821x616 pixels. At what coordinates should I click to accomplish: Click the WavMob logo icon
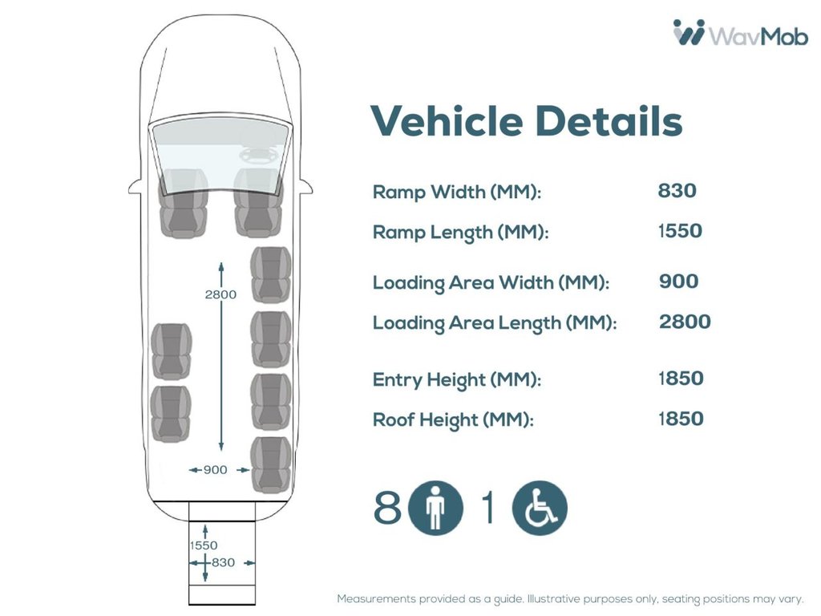(689, 34)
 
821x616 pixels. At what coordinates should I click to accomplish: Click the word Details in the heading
(609, 121)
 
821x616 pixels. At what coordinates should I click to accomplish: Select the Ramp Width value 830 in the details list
(677, 191)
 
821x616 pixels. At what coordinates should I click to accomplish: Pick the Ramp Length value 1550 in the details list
(679, 231)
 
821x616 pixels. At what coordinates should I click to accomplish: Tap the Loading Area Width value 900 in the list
(678, 282)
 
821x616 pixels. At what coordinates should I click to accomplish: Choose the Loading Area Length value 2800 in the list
(685, 322)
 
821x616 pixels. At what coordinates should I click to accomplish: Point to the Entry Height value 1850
(681, 379)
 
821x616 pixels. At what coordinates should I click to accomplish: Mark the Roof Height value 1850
(681, 419)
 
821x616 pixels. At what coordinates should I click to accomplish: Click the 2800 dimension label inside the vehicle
(220, 294)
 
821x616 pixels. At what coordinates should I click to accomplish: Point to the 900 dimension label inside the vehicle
(215, 470)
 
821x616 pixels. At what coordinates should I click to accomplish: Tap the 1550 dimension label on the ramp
(203, 545)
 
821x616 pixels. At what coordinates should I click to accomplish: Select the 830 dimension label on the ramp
(223, 562)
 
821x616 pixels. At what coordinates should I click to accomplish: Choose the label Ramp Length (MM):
(460, 233)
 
